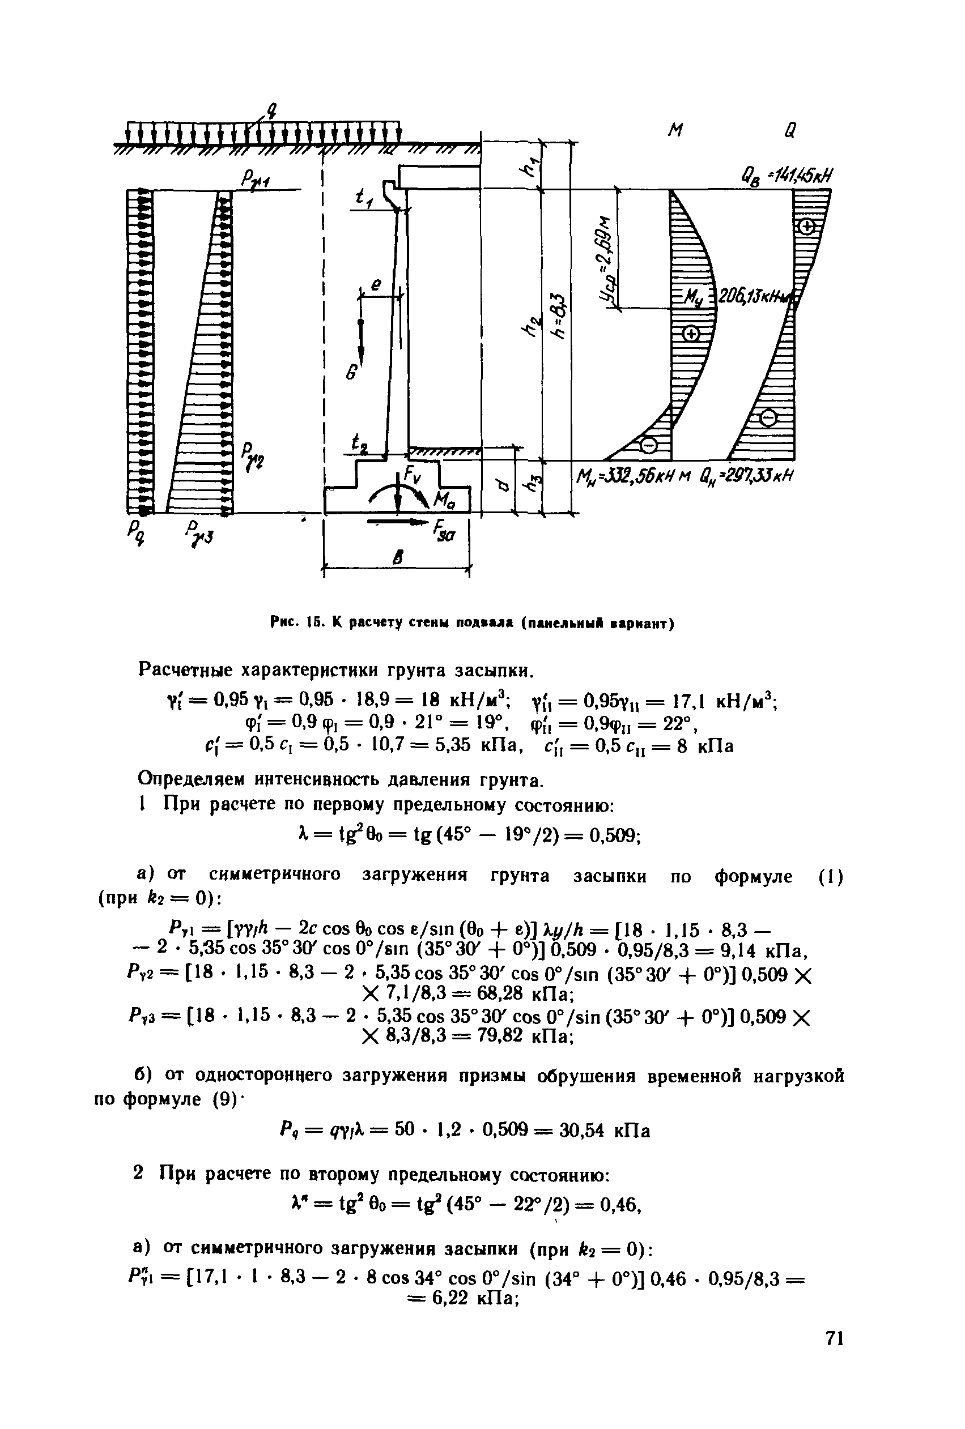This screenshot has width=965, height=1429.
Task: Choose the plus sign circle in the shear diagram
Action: tap(806, 228)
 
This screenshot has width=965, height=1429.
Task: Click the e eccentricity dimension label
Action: tap(376, 284)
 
